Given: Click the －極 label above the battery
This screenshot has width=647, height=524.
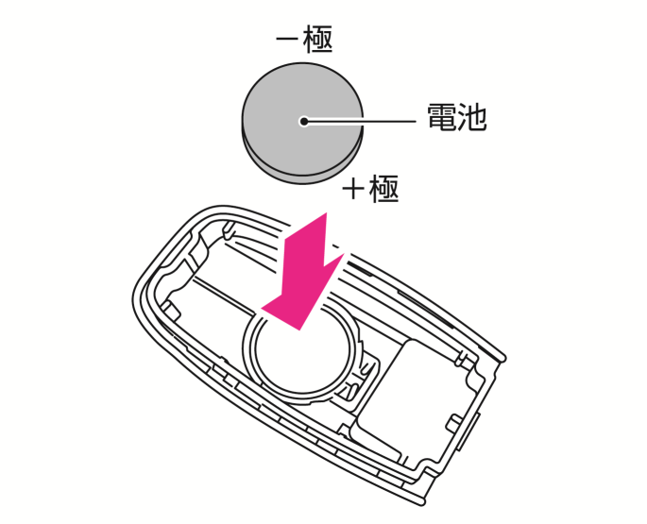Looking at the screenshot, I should (303, 39).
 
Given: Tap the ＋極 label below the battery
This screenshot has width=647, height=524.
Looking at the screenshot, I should (370, 189).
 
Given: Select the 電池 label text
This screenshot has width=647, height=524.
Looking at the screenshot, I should (456, 118).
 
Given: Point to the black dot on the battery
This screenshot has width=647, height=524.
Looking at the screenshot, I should (303, 121).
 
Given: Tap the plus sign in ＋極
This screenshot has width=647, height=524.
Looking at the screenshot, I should (353, 190).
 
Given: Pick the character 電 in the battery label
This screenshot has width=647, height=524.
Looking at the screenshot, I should (441, 118).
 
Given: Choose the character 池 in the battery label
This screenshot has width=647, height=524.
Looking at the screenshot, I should (471, 118).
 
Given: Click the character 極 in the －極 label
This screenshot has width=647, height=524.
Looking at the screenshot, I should (318, 39).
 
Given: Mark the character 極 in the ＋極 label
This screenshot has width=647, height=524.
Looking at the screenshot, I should (384, 189).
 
